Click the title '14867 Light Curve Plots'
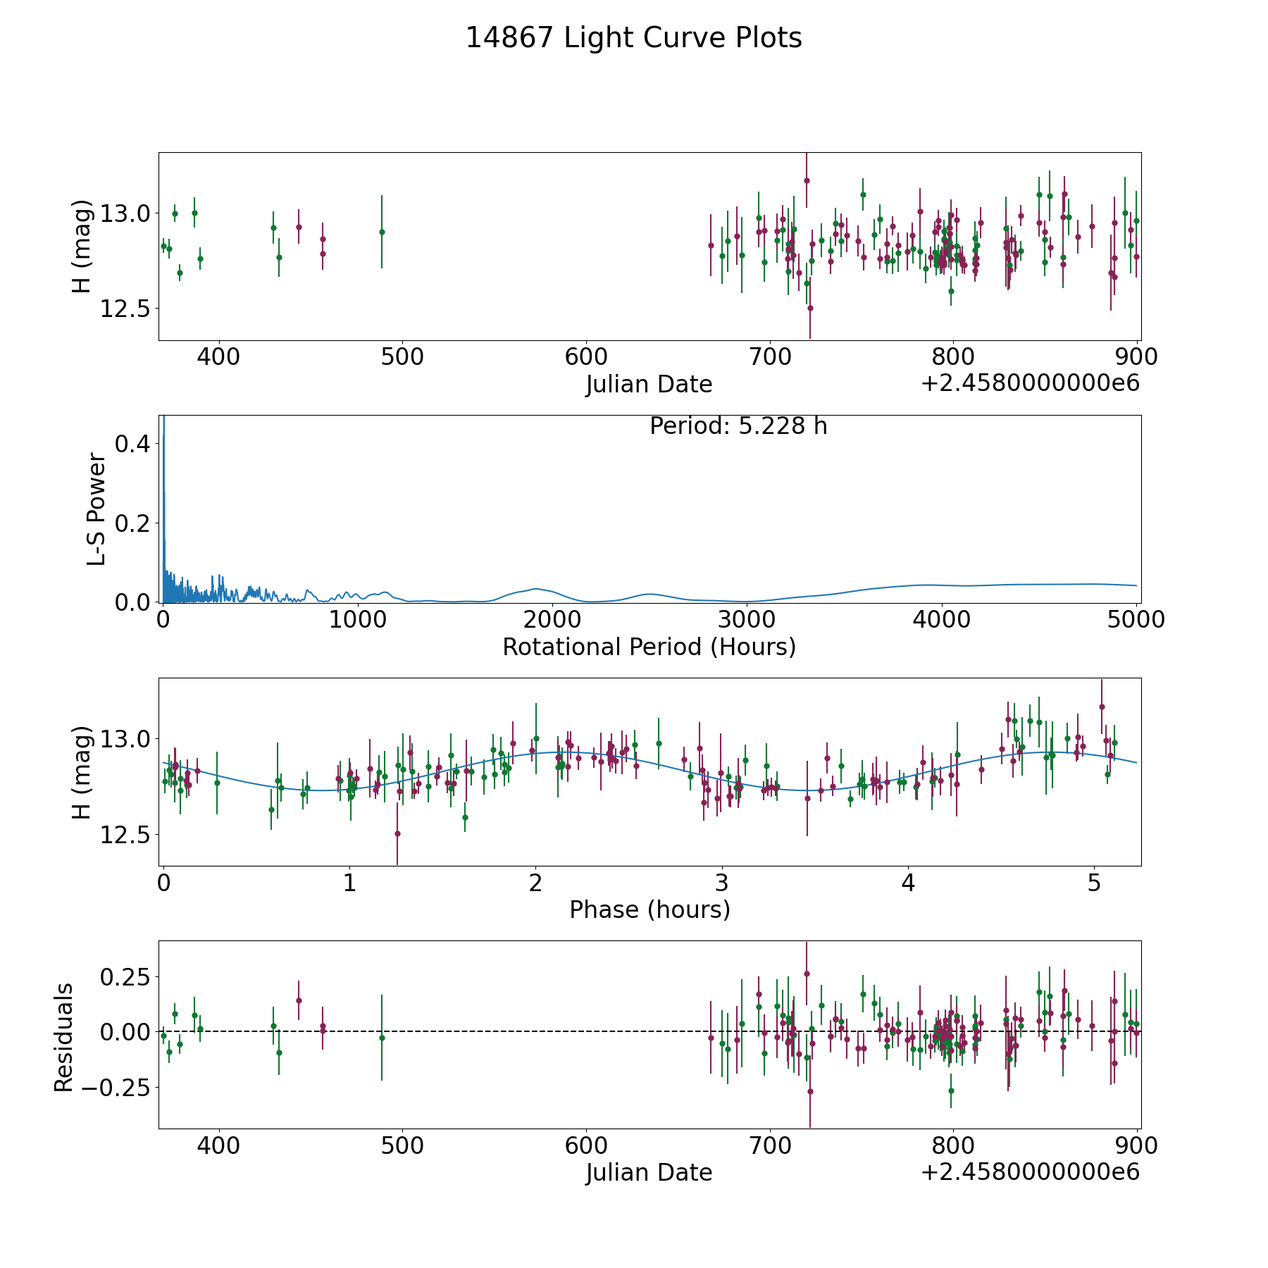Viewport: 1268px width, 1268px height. click(633, 38)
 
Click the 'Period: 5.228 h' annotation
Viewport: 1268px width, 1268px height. click(738, 426)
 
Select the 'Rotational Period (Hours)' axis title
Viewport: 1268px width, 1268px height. click(649, 647)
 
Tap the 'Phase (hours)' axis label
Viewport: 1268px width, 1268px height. click(649, 909)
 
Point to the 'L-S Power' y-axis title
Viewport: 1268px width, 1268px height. click(97, 509)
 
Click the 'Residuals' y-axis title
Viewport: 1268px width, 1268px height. click(64, 1038)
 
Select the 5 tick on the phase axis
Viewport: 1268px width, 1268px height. click(1094, 883)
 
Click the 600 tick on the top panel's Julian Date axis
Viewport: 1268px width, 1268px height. click(586, 357)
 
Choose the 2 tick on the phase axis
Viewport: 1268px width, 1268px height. click(535, 883)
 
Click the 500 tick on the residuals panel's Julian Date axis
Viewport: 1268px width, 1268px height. click(402, 1146)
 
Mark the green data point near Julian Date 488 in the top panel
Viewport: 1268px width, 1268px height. click(382, 232)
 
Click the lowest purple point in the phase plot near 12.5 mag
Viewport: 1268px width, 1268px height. click(397, 833)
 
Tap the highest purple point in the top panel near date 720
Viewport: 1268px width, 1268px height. click(807, 180)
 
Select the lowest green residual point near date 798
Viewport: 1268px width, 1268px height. click(951, 1090)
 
